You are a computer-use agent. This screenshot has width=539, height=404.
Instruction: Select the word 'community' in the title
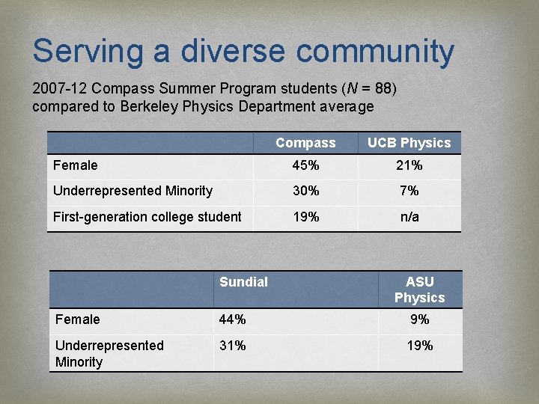coord(375,52)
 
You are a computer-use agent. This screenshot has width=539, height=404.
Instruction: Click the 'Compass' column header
coord(305,143)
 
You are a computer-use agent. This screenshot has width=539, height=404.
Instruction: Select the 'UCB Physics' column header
coord(409,143)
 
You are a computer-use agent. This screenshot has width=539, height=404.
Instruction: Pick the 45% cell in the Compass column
coord(305,165)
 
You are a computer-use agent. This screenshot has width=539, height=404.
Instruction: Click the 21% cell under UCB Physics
coord(409,165)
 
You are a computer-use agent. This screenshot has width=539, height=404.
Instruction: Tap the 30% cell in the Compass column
coord(305,191)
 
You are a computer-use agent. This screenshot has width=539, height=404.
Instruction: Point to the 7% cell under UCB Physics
coord(409,191)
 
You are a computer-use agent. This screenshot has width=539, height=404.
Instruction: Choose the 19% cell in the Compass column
coord(305,217)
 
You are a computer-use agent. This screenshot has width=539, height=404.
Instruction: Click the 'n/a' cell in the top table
coord(409,217)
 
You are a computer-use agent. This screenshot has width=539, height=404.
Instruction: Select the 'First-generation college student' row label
coord(147,217)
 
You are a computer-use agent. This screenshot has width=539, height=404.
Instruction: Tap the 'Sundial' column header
coord(243,282)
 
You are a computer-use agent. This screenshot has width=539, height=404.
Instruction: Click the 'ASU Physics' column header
coord(419,290)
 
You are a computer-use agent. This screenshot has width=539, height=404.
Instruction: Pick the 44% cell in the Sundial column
coord(232,319)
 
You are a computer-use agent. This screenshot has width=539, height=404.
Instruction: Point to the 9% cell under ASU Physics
coord(419,319)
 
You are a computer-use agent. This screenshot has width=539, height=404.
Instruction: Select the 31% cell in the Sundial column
coord(232,346)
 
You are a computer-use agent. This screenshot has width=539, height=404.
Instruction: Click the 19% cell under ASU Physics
coord(419,346)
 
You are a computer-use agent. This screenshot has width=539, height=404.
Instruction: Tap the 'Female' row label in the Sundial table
coord(77,319)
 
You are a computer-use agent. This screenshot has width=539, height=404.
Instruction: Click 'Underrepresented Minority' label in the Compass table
coord(133,191)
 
